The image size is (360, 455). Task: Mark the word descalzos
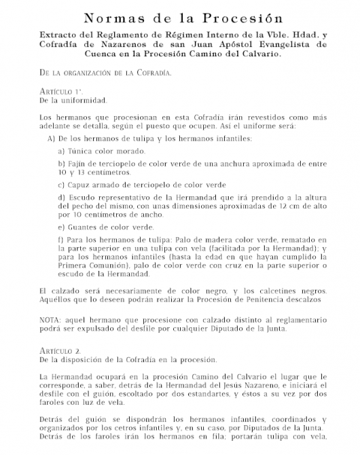click(295, 299)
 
